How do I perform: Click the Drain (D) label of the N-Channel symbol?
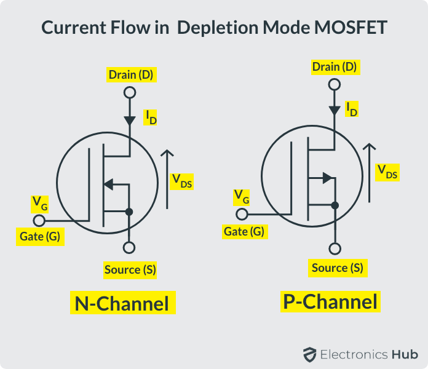point(130,75)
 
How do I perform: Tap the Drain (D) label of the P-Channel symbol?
point(334,66)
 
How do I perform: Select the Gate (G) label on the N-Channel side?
point(39,237)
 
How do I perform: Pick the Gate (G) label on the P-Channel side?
point(244,231)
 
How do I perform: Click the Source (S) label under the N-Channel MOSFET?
point(130,269)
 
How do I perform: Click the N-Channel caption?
point(122,303)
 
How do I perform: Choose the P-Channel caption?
point(330,301)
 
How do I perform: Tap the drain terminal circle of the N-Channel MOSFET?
point(129,93)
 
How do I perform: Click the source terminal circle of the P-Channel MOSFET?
point(335,249)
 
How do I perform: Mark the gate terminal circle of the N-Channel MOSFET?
point(39,220)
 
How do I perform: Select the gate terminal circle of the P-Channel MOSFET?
point(242,215)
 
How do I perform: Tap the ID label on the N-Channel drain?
point(150,116)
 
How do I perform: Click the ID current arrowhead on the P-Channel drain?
point(335,111)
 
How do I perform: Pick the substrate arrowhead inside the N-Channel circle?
point(108,183)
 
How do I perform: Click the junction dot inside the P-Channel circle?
point(335,205)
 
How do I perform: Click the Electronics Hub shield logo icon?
point(309,354)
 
